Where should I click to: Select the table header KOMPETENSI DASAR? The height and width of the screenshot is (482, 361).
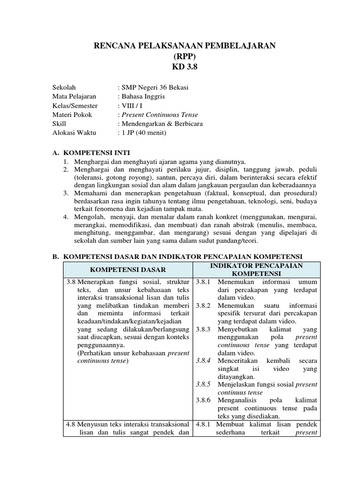coord(128,270)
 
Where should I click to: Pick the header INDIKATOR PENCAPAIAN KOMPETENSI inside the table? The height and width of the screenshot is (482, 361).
coord(257,270)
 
